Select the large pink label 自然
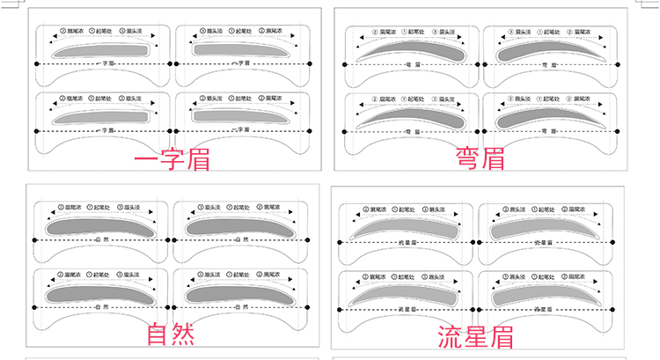(171, 334)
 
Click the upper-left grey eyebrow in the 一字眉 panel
(99, 52)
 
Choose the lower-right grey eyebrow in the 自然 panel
(236, 293)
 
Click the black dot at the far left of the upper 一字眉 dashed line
(36, 63)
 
